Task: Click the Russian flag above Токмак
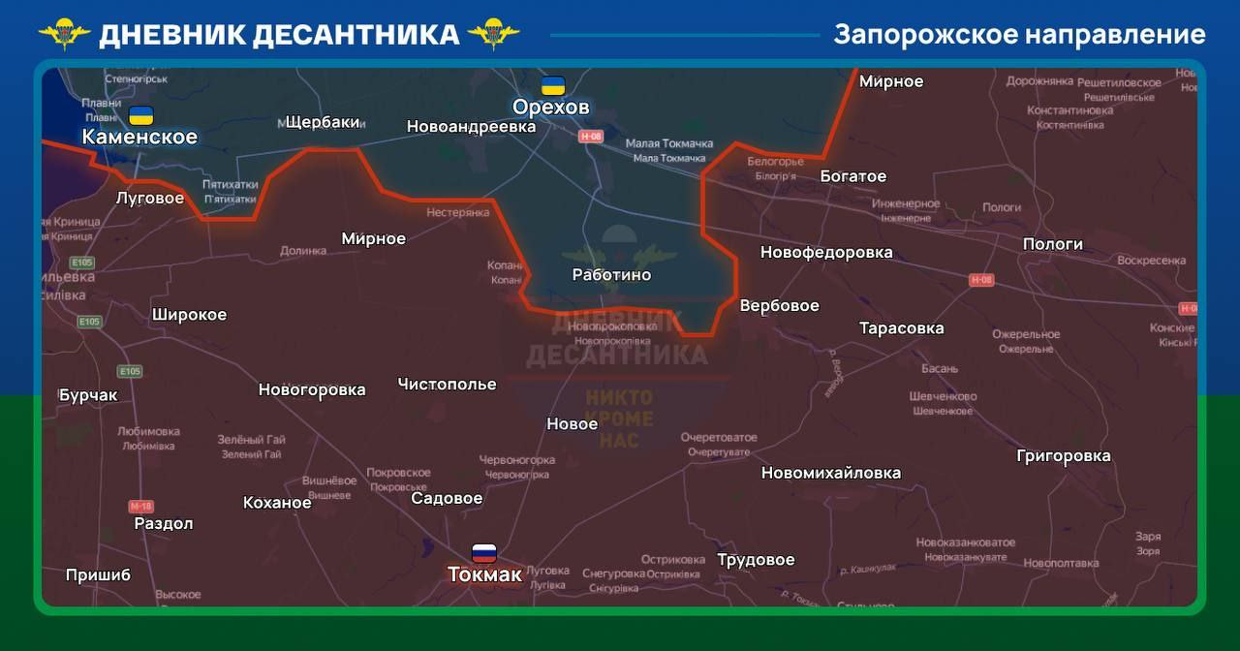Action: (x=484, y=553)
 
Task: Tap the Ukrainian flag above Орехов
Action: (x=553, y=85)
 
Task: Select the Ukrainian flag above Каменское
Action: (x=141, y=115)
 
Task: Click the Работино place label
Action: (x=611, y=275)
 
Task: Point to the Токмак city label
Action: (x=484, y=574)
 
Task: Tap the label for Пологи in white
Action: (x=1052, y=244)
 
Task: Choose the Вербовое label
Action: (x=779, y=306)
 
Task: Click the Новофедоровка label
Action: (x=826, y=253)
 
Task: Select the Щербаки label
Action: (x=324, y=122)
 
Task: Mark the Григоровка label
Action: (x=1063, y=456)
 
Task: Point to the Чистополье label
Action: (x=447, y=385)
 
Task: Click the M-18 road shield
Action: (x=141, y=506)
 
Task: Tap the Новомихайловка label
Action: (x=830, y=474)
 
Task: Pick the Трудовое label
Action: (x=756, y=560)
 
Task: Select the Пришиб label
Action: (x=98, y=575)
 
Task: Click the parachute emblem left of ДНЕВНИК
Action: (x=65, y=34)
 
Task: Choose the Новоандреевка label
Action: (x=471, y=127)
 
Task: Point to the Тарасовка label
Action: (x=901, y=328)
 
